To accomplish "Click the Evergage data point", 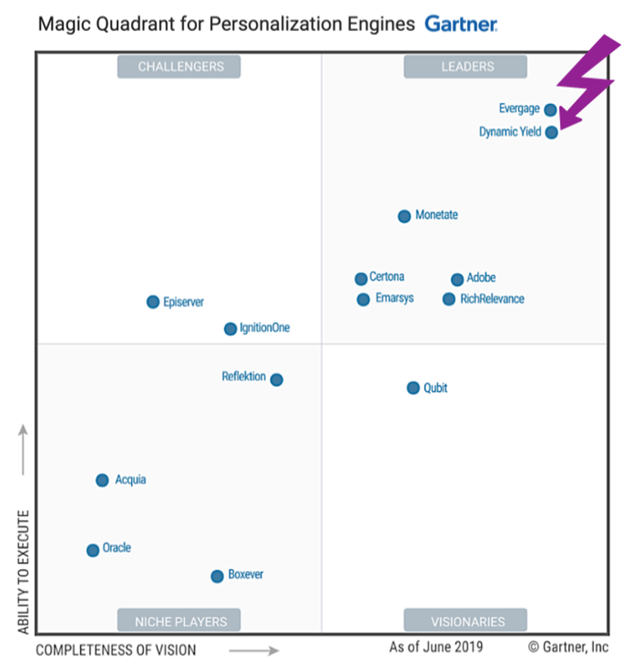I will coord(550,110).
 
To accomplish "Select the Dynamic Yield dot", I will coord(552,133).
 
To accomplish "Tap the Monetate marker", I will coord(405,216).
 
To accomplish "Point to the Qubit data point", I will coord(413,388).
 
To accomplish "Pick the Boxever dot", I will coord(217,576).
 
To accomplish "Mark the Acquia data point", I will coord(102,480).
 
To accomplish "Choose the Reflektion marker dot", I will coord(277,380).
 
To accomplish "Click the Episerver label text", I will coord(183,302).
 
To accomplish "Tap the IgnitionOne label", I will coord(264,328).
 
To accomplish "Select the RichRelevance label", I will coord(492,299).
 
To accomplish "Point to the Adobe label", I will coord(481,278).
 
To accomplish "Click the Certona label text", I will coord(386,277).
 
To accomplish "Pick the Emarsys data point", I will coord(364,300).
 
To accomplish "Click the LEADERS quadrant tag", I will coord(465,67).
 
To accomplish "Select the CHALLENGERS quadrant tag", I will coord(179,67).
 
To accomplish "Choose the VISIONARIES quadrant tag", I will coord(465,621).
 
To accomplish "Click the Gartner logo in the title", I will coord(461,24).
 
